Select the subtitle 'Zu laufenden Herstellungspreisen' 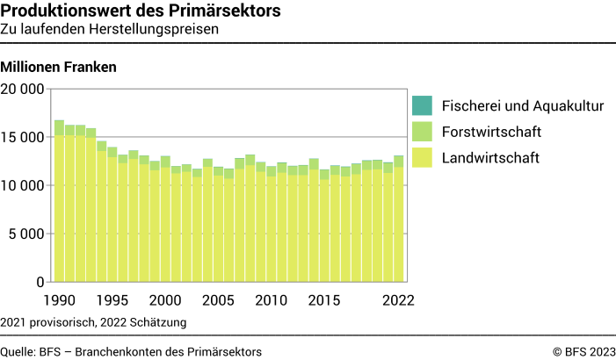(x=110, y=29)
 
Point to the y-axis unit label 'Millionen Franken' (x=59, y=67)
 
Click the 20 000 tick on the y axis (x=23, y=89)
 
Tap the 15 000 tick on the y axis (x=23, y=137)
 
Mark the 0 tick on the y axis (x=40, y=282)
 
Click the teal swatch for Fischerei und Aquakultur (x=422, y=106)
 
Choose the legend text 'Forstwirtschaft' (x=490, y=133)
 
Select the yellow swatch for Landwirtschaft (x=422, y=158)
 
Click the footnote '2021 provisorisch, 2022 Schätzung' (x=93, y=322)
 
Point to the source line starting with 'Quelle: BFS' (x=131, y=351)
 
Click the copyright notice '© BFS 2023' (x=584, y=351)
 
